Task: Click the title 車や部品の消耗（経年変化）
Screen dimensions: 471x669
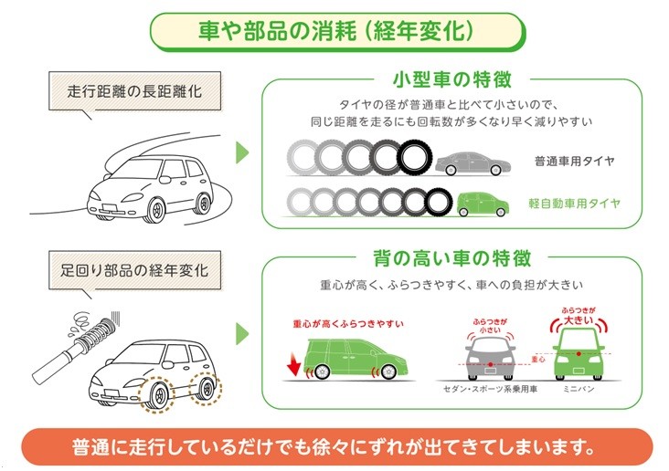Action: point(335,29)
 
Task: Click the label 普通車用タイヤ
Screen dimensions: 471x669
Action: point(574,162)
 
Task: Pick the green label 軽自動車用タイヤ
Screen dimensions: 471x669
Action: point(574,203)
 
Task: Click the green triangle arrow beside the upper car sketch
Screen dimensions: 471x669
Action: point(242,153)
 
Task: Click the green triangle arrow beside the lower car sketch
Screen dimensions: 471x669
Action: point(242,331)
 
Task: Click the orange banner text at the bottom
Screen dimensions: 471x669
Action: point(334,448)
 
